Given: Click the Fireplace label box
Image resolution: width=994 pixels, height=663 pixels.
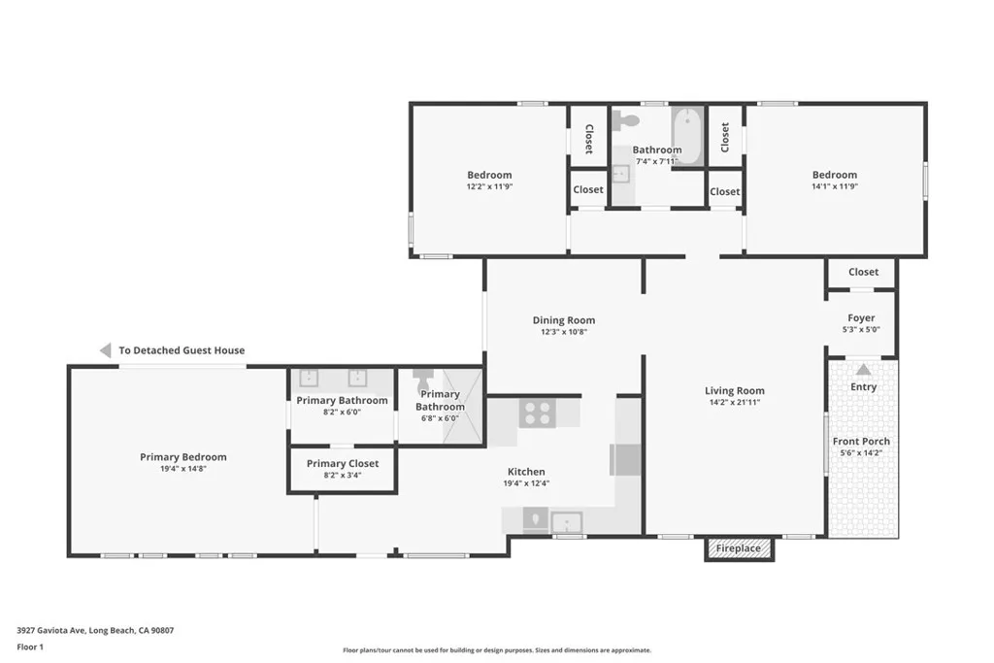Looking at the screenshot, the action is pyautogui.click(x=739, y=548).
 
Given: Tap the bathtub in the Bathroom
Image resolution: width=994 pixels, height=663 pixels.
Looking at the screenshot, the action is pyautogui.click(x=688, y=136).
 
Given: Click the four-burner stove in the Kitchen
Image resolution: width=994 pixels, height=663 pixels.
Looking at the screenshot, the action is pyautogui.click(x=538, y=413).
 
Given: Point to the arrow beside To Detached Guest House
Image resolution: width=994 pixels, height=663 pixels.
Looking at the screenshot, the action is pyautogui.click(x=105, y=349).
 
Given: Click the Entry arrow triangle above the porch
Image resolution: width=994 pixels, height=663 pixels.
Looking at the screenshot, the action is pyautogui.click(x=863, y=370).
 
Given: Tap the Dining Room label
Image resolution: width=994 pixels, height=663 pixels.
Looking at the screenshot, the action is pyautogui.click(x=564, y=320).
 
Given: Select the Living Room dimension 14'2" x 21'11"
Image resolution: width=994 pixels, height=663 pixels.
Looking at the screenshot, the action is pyautogui.click(x=734, y=402).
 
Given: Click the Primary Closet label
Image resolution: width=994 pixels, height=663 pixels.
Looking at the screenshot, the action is pyautogui.click(x=343, y=463).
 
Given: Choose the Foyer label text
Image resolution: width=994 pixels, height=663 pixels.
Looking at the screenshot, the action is pyautogui.click(x=861, y=317).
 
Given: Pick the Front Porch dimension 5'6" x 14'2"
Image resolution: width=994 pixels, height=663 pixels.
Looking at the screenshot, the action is pyautogui.click(x=861, y=452).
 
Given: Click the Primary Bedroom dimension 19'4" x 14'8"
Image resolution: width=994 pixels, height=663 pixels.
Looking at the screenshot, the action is pyautogui.click(x=183, y=469).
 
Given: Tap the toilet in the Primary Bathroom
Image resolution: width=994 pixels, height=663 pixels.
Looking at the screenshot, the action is pyautogui.click(x=421, y=381).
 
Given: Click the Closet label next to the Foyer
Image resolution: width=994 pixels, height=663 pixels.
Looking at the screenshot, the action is pyautogui.click(x=863, y=272).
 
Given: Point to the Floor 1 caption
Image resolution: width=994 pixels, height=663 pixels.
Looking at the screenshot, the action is pyautogui.click(x=30, y=647).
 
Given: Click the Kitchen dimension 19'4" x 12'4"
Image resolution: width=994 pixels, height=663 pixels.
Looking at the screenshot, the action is pyautogui.click(x=526, y=483).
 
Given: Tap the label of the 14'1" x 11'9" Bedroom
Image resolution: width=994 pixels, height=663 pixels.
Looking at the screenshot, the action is pyautogui.click(x=834, y=175).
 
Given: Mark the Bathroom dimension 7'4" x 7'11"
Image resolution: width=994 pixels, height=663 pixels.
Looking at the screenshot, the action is pyautogui.click(x=657, y=161).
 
